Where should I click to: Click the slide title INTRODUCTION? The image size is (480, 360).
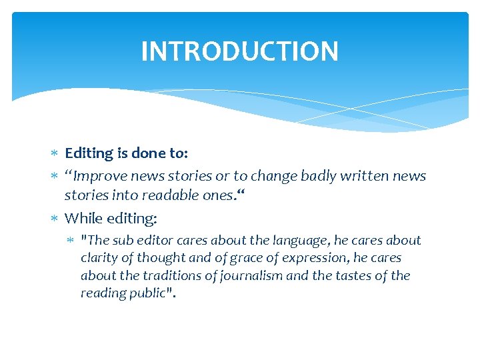240,51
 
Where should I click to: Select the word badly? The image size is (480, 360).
319,176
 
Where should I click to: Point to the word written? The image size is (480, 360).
365,176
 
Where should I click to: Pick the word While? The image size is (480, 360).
82,218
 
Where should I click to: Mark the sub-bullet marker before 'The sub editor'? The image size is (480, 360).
72,241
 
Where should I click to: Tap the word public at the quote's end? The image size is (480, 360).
147,293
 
